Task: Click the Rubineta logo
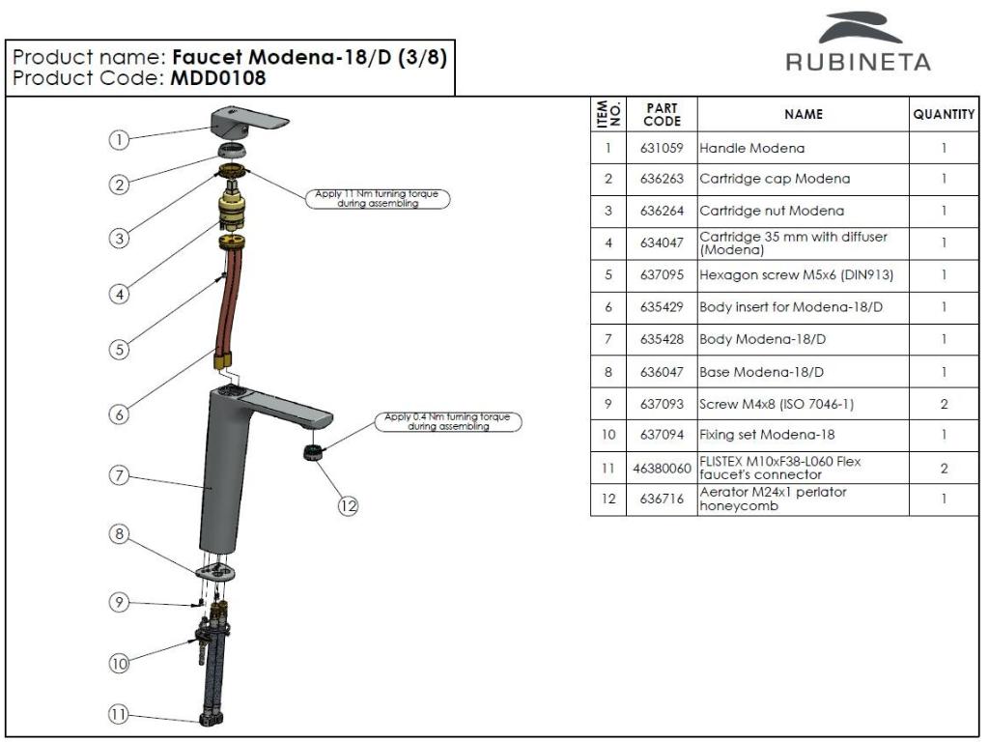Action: point(858,44)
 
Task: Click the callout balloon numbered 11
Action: point(118,715)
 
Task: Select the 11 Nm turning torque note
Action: point(377,198)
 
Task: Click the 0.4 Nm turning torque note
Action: point(446,421)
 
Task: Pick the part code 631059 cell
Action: point(661,149)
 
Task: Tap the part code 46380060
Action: point(661,469)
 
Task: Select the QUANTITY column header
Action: point(943,115)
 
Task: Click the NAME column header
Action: point(803,115)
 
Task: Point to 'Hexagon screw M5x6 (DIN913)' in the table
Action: point(796,275)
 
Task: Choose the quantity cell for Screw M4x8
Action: point(943,404)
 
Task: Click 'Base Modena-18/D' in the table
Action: point(760,372)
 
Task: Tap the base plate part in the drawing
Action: point(215,570)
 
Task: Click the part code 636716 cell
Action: point(661,500)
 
